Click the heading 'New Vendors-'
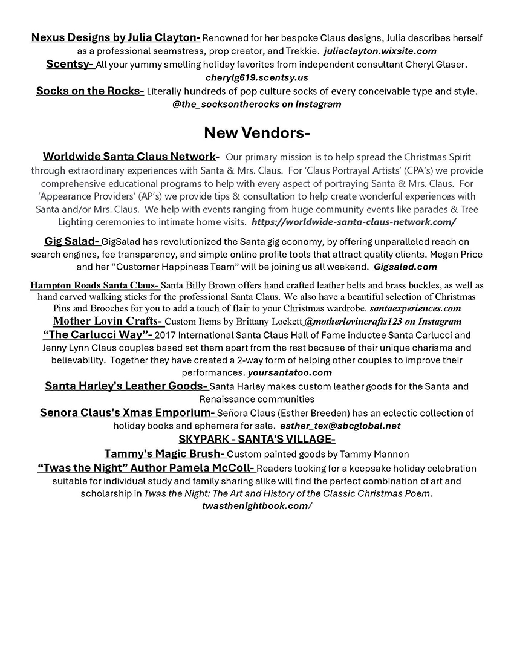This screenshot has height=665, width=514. [x=257, y=132]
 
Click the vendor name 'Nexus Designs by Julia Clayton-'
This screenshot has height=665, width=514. [x=115, y=38]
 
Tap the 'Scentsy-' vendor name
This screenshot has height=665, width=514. [x=71, y=64]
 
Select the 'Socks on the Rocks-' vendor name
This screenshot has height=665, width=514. [x=90, y=91]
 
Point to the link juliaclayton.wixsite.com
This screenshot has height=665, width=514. [x=380, y=51]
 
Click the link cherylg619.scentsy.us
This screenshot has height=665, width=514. [x=256, y=77]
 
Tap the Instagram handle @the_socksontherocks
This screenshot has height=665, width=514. [x=256, y=104]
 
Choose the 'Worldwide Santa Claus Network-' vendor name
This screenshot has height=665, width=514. [x=131, y=157]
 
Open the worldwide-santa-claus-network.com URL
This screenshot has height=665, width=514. [x=354, y=222]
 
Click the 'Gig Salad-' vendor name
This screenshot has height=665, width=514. [x=72, y=241]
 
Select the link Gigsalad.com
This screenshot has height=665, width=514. [x=405, y=267]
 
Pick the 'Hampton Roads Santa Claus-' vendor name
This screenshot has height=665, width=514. [x=94, y=285]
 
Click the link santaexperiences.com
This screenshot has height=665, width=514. [x=415, y=308]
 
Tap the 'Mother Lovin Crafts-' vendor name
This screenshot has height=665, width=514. [x=108, y=321]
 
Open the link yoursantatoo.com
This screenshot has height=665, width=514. [x=290, y=372]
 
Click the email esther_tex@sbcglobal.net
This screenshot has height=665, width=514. [x=340, y=426]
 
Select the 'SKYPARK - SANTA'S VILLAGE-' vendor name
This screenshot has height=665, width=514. [x=256, y=439]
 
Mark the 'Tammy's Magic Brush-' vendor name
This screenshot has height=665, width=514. [x=165, y=453]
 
